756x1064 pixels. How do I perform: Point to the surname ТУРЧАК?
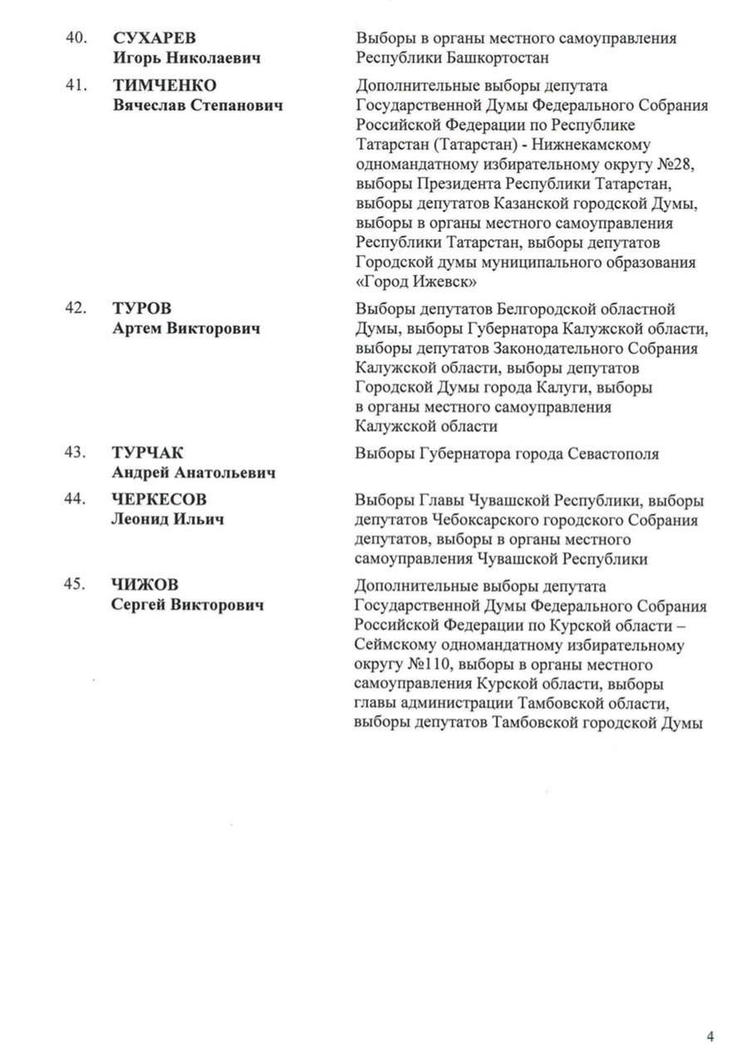point(147,454)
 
